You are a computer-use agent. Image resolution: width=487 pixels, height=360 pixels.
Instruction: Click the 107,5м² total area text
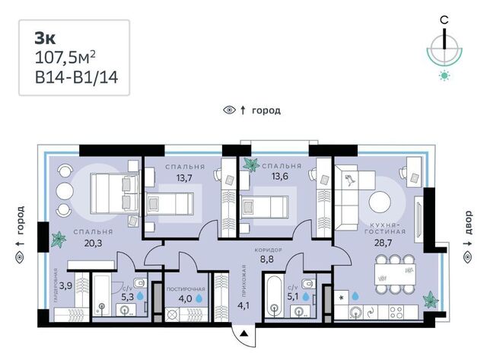[65, 58]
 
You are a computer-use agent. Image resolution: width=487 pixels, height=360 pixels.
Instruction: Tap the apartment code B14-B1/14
[76, 78]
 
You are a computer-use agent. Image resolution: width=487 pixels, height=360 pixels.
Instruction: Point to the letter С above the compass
[444, 21]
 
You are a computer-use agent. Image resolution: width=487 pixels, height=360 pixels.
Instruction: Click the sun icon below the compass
[444, 75]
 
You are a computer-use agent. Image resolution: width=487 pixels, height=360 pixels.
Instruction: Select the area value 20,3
[93, 243]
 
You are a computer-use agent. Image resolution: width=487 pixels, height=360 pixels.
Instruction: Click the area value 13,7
[184, 177]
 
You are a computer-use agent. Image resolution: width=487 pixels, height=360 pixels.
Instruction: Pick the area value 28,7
[383, 243]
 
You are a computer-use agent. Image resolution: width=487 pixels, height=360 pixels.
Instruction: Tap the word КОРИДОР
[268, 250]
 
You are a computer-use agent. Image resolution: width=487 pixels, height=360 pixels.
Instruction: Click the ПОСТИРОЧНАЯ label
[186, 289]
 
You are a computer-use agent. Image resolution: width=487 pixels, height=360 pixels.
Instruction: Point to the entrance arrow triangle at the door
[244, 334]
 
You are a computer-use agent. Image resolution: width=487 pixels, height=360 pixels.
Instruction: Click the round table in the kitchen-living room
[380, 202]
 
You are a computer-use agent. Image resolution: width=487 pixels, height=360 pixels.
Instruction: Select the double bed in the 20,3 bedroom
[114, 193]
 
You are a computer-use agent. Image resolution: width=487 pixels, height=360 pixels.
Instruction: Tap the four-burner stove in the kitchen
[396, 312]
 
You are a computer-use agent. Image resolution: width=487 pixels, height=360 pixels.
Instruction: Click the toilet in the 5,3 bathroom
[140, 282]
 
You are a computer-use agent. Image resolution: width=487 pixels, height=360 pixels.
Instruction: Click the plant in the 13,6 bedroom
[251, 164]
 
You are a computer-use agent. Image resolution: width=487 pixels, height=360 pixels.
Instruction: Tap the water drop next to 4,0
[199, 298]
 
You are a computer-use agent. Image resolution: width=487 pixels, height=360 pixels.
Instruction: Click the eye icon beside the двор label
[467, 257]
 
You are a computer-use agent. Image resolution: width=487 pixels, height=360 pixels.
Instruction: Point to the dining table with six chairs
[395, 274]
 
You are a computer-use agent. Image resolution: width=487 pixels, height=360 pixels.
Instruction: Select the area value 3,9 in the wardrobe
[66, 285]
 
